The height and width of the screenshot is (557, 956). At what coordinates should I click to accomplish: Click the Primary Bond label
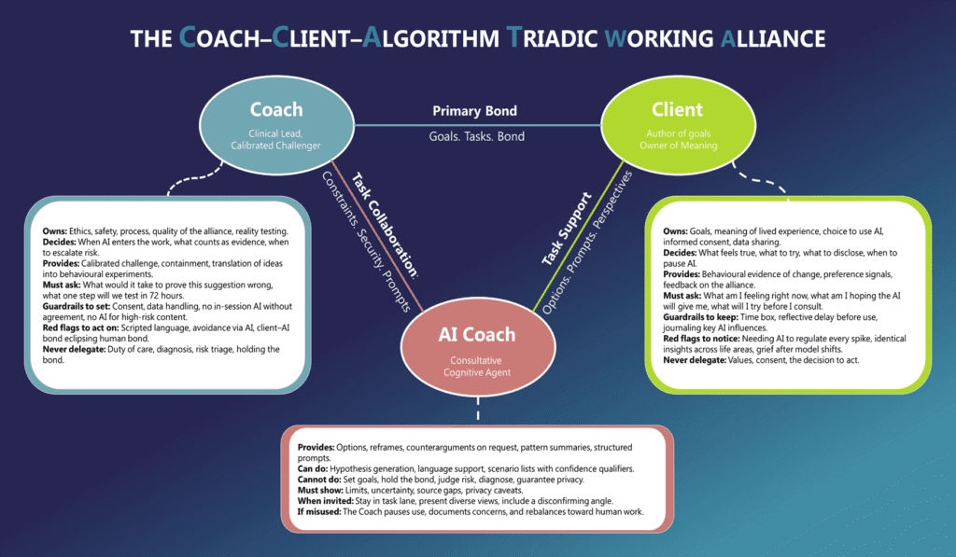click(474, 111)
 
